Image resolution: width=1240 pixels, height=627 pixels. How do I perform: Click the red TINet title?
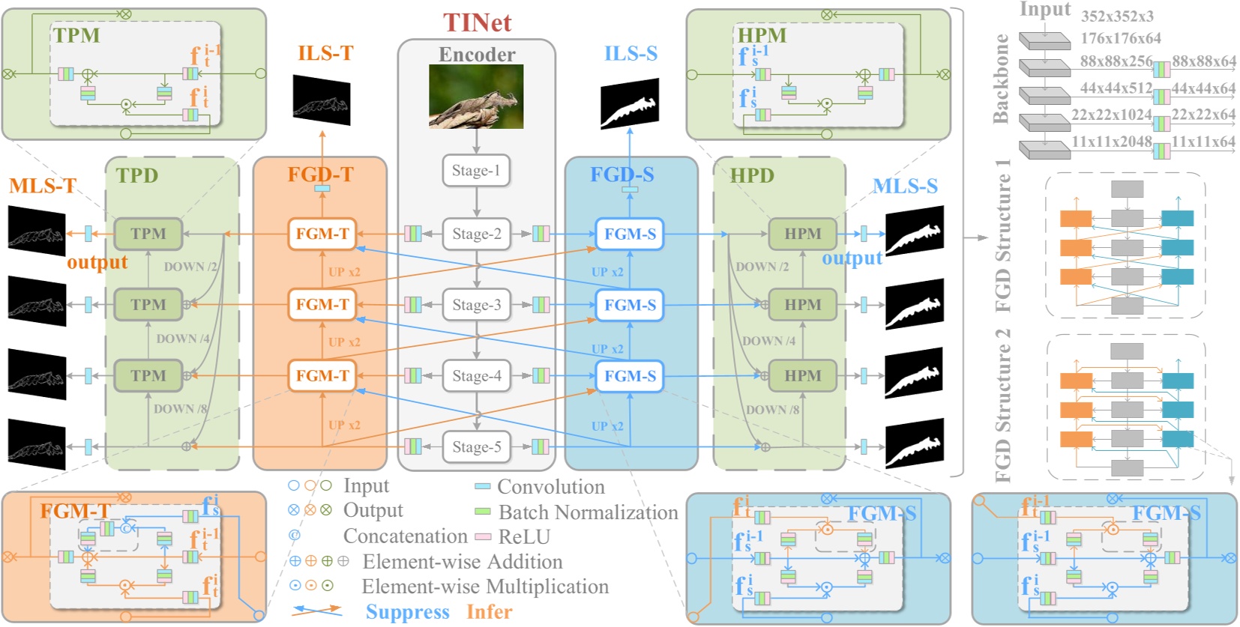click(477, 22)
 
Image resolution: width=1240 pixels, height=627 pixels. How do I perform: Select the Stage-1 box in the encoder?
click(476, 171)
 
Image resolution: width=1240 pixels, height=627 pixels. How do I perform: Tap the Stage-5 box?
click(476, 447)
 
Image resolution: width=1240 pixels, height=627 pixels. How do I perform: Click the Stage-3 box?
click(476, 305)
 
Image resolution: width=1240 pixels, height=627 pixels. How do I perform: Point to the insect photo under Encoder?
click(476, 96)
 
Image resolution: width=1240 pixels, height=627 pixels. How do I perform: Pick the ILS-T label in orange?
click(325, 53)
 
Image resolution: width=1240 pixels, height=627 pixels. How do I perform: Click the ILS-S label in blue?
click(630, 53)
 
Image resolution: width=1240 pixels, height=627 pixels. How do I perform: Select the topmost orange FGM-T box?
click(322, 234)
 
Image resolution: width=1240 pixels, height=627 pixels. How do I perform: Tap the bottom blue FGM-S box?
click(630, 376)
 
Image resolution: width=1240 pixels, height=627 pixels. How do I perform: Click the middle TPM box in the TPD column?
click(148, 305)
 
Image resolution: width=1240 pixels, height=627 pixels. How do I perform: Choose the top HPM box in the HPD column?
click(802, 234)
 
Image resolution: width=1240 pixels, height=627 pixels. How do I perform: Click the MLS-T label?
click(43, 186)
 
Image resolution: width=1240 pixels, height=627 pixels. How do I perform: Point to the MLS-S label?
click(905, 186)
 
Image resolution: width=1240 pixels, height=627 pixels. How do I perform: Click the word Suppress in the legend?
click(407, 612)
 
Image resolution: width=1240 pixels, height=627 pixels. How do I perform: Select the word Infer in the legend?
click(489, 612)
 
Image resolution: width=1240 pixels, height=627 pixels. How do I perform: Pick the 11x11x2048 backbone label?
click(1111, 142)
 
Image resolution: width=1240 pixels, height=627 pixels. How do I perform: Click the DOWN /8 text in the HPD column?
click(772, 410)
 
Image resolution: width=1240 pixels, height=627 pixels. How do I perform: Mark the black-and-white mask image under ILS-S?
click(630, 103)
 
